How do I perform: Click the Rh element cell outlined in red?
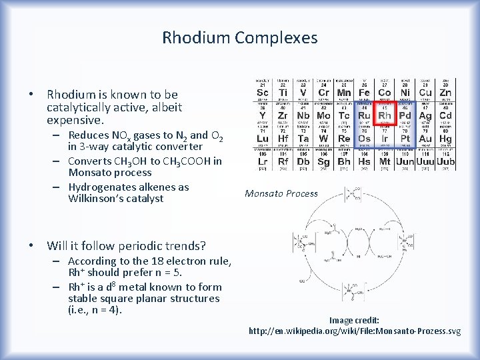click(385, 114)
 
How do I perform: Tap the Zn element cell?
click(445, 91)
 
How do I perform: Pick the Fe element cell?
click(364, 91)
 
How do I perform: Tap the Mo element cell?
click(323, 114)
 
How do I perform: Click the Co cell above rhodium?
click(385, 91)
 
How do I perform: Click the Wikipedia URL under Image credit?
click(354, 331)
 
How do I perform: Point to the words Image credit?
click(354, 320)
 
